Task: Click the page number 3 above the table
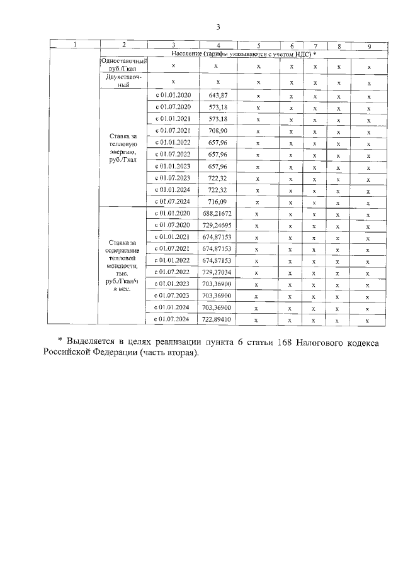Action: pyautogui.click(x=218, y=26)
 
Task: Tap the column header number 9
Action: pyautogui.click(x=369, y=45)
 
